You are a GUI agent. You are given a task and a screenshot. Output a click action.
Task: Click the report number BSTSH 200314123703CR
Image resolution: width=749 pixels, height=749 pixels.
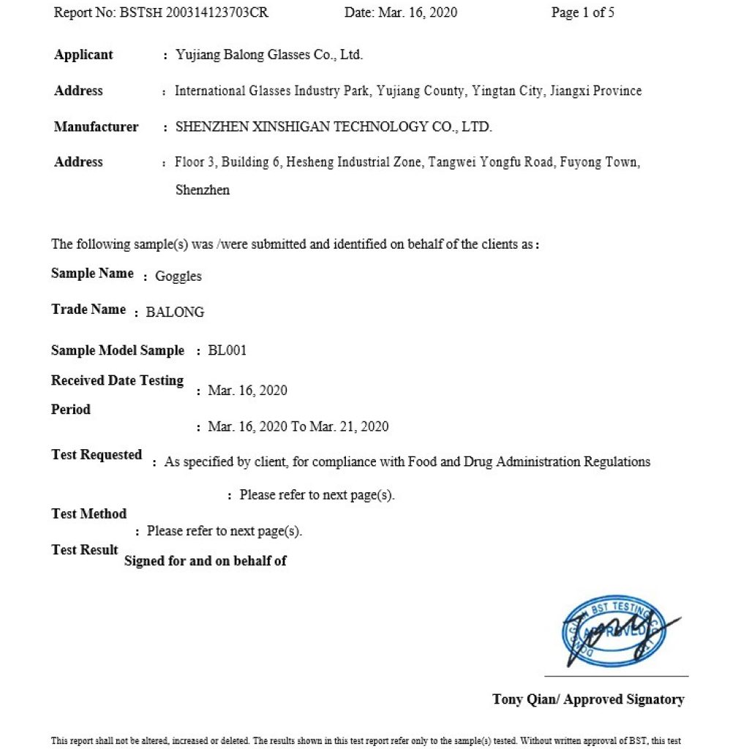pyautogui.click(x=191, y=13)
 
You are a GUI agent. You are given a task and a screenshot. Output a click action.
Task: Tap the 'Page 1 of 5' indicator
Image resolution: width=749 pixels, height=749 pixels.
pyautogui.click(x=582, y=13)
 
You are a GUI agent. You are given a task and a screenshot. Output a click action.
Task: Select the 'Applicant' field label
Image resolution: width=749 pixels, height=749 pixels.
pyautogui.click(x=83, y=55)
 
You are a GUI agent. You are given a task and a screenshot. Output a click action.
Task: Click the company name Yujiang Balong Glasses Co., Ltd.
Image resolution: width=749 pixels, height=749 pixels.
pyautogui.click(x=269, y=55)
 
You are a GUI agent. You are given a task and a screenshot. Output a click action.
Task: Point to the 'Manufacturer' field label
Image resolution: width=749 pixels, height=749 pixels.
pyautogui.click(x=96, y=127)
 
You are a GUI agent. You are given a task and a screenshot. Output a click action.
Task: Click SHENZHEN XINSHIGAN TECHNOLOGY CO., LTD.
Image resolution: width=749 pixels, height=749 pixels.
pyautogui.click(x=334, y=127)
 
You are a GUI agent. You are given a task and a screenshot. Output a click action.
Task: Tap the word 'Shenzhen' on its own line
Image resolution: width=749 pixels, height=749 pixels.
pyautogui.click(x=203, y=190)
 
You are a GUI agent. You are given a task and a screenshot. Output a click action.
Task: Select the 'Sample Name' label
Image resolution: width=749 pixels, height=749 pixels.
pyautogui.click(x=92, y=274)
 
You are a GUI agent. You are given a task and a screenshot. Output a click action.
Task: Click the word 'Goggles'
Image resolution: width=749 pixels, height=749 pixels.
pyautogui.click(x=178, y=276)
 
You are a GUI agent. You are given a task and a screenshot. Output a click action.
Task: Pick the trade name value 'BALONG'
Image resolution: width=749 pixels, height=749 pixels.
pyautogui.click(x=175, y=312)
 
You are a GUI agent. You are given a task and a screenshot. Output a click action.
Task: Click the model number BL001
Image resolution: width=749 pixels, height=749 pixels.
pyautogui.click(x=227, y=350)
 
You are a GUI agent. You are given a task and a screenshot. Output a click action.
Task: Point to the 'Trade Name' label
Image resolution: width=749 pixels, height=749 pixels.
pyautogui.click(x=89, y=309)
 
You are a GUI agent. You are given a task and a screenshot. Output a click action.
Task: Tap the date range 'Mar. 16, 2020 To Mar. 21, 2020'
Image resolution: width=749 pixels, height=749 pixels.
pyautogui.click(x=298, y=426)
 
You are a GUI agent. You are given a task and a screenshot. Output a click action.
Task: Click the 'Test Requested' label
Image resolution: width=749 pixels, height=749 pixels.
pyautogui.click(x=97, y=455)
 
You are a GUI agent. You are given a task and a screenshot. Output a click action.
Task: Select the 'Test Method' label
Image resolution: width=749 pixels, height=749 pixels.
pyautogui.click(x=89, y=514)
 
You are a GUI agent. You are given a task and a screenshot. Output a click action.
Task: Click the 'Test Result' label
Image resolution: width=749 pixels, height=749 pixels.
pyautogui.click(x=84, y=550)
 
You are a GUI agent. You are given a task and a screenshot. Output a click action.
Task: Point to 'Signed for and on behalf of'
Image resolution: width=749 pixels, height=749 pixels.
pyautogui.click(x=206, y=561)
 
